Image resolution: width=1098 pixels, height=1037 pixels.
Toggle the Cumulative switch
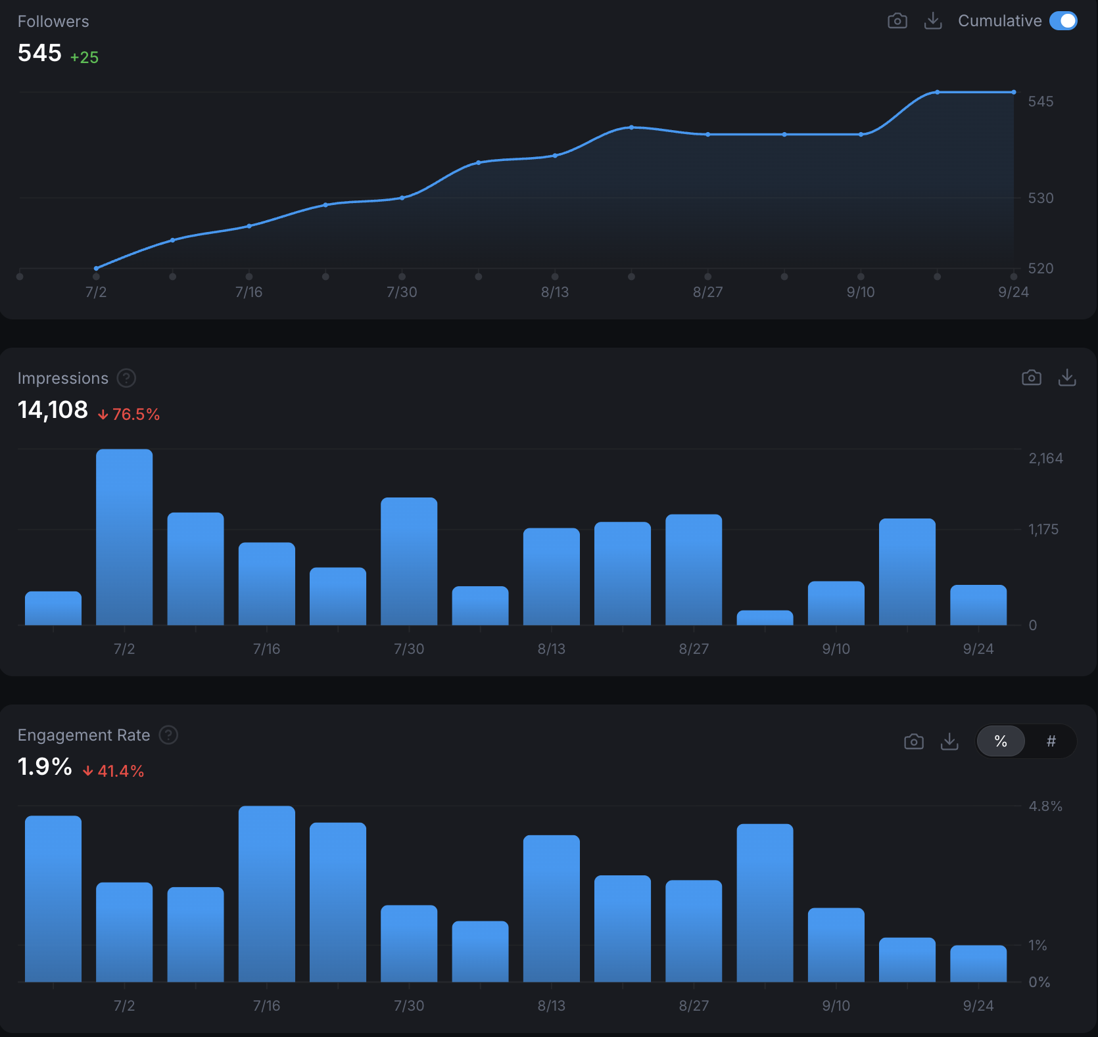point(1062,21)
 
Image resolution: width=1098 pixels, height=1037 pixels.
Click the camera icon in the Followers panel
point(897,21)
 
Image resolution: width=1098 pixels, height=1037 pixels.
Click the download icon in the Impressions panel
point(1066,377)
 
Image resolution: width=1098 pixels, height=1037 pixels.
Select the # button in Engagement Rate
point(1051,741)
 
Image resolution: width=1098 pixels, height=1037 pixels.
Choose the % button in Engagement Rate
point(1001,741)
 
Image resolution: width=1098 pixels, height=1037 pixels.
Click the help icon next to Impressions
point(126,378)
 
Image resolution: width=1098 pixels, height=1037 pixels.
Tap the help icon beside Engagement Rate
point(168,735)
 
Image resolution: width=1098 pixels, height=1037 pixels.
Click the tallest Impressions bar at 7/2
point(124,536)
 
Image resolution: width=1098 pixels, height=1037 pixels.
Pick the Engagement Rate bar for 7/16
point(266,894)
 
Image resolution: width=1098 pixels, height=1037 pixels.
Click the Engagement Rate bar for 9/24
point(978,963)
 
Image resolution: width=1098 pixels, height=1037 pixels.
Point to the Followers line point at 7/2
point(96,268)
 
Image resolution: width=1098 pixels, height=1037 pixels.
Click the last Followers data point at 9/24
point(1013,93)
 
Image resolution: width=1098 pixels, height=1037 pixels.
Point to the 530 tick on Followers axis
point(1040,198)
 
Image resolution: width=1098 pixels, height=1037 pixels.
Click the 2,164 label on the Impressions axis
point(1045,458)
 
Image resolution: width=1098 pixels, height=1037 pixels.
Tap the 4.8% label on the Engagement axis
point(1045,806)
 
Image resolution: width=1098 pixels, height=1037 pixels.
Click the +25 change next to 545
point(84,57)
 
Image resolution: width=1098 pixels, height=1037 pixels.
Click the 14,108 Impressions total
point(53,409)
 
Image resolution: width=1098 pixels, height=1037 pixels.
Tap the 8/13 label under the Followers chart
point(554,292)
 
